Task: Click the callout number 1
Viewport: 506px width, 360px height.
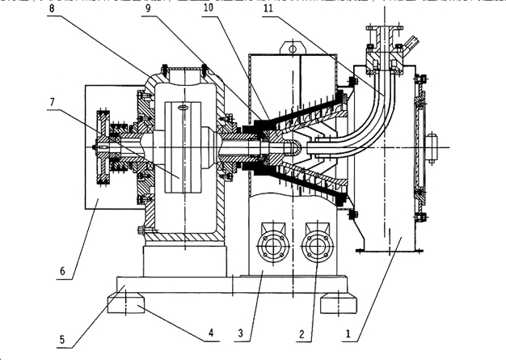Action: [x=348, y=333]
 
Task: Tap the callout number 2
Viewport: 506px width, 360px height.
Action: [x=301, y=334]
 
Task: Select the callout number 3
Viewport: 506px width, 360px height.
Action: [x=240, y=332]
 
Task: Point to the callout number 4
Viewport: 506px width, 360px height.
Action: [x=211, y=332]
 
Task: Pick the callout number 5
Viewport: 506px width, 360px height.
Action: [x=62, y=339]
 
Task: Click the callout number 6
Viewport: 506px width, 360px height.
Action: [x=62, y=271]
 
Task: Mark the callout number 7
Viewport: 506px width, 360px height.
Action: [x=53, y=102]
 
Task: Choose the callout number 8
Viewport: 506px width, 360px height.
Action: [x=52, y=8]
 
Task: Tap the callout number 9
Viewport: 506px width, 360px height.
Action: [x=148, y=8]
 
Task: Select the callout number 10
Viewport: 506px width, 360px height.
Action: [x=209, y=8]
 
